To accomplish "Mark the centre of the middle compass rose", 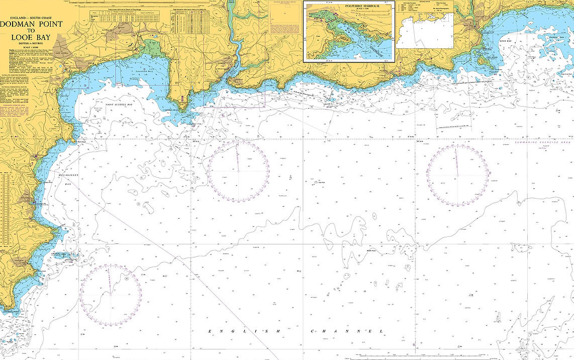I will (x=238, y=171).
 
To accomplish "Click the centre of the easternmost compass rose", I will (x=457, y=175).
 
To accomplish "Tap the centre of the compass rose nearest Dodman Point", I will (x=111, y=294).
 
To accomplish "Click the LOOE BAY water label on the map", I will (x=506, y=41).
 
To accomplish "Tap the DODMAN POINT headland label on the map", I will (x=12, y=313).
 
